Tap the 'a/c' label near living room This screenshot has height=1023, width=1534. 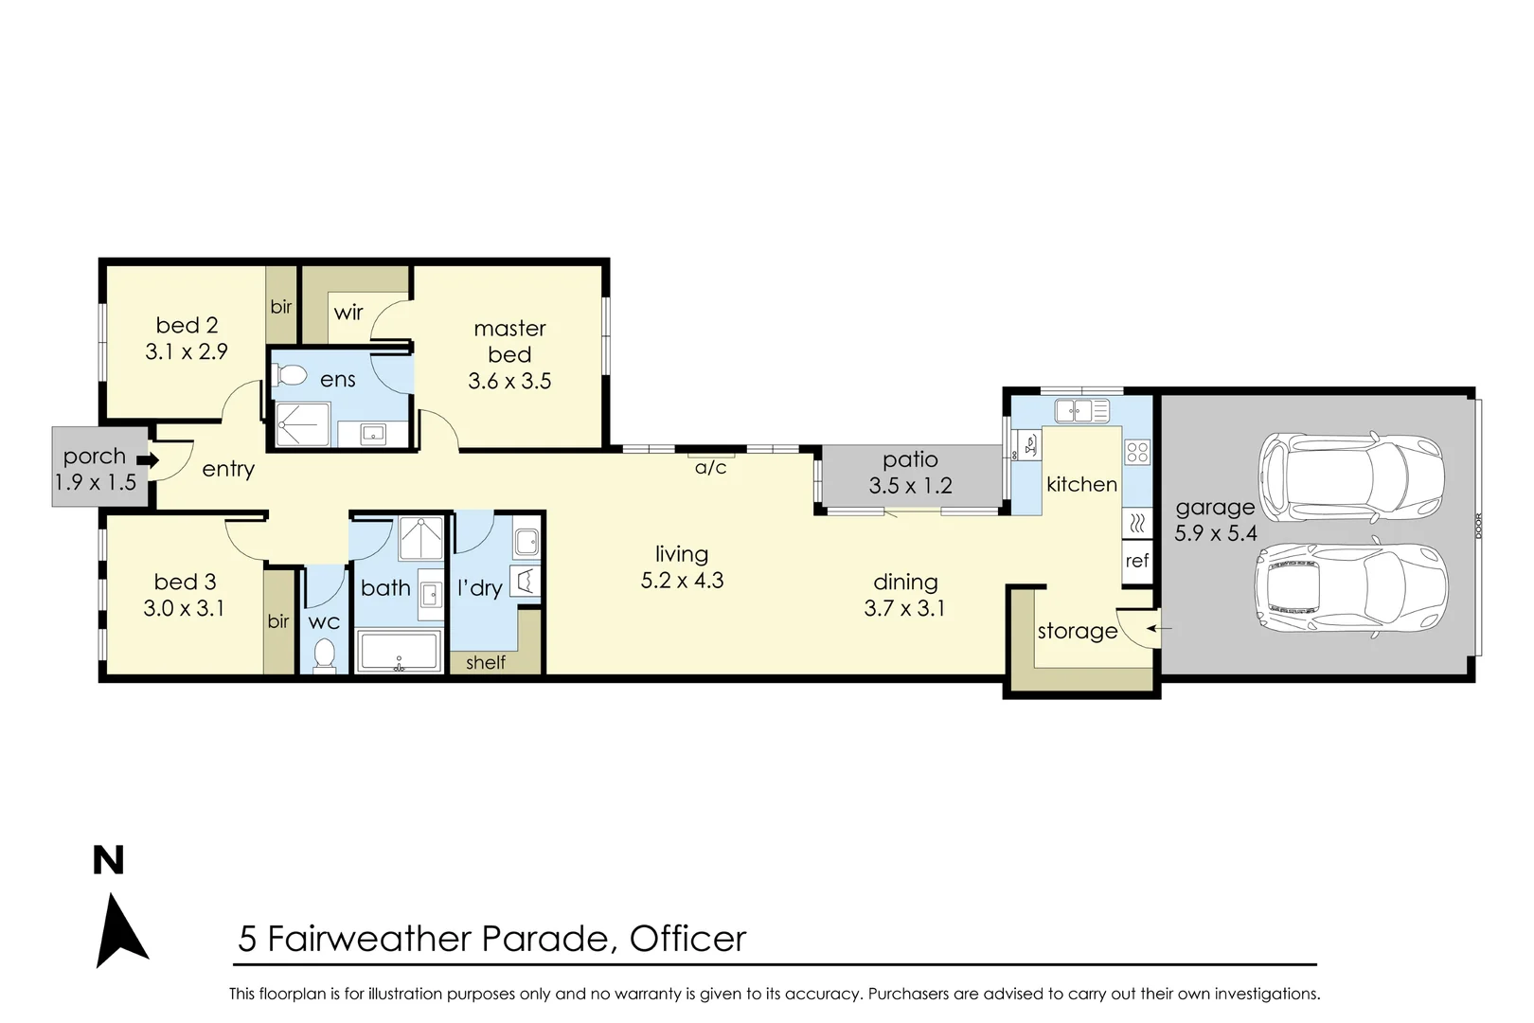click(x=710, y=468)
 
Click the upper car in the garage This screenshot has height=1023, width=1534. click(x=1350, y=471)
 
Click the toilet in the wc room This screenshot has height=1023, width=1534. click(x=324, y=655)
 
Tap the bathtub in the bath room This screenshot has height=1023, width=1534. click(x=399, y=651)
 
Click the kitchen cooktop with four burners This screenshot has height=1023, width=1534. click(x=1137, y=453)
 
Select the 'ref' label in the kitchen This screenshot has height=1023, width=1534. click(x=1137, y=561)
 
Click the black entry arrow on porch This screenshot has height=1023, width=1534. click(x=147, y=461)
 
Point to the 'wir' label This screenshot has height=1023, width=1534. click(x=348, y=313)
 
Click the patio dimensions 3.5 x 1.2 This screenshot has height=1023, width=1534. click(x=910, y=486)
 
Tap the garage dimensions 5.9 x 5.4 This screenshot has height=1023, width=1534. click(x=1215, y=533)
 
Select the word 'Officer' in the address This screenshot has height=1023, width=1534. click(x=687, y=939)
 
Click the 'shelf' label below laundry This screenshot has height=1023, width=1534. click(x=486, y=663)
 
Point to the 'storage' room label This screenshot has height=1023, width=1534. click(x=1077, y=631)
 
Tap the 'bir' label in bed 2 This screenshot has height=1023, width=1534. click(x=281, y=307)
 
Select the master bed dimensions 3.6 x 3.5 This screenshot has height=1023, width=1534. click(x=509, y=381)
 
